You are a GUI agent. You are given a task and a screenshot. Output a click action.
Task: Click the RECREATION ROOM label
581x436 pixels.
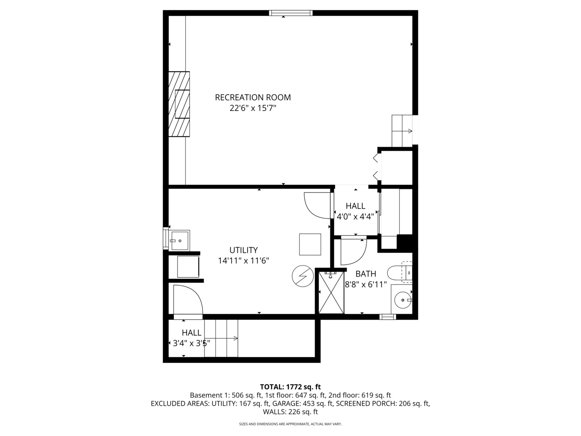point(253,97)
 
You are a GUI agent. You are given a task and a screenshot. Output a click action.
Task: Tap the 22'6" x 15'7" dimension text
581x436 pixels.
point(253,108)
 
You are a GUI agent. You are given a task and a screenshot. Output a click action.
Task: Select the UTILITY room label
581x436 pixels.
point(243,250)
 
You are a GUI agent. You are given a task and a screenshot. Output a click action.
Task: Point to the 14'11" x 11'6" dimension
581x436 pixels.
point(243,261)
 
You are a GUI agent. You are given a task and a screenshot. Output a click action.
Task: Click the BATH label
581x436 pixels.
point(366,274)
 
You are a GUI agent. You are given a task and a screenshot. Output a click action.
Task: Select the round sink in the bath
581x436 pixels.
point(402,300)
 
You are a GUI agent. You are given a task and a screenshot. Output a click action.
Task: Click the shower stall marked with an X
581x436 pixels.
point(331,293)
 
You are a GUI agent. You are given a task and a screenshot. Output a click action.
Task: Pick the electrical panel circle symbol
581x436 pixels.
point(303,276)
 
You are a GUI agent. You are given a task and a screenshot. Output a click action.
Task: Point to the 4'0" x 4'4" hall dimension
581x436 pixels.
point(355,216)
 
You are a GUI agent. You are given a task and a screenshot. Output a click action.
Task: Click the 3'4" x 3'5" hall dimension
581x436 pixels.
point(191,344)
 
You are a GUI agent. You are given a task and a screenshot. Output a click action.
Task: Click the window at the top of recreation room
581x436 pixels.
point(291,13)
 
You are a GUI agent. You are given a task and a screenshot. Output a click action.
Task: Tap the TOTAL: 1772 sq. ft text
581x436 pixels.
point(290,387)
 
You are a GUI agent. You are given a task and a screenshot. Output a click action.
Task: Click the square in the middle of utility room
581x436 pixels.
point(310,244)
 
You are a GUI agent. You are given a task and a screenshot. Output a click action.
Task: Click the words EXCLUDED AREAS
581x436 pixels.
point(180,404)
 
